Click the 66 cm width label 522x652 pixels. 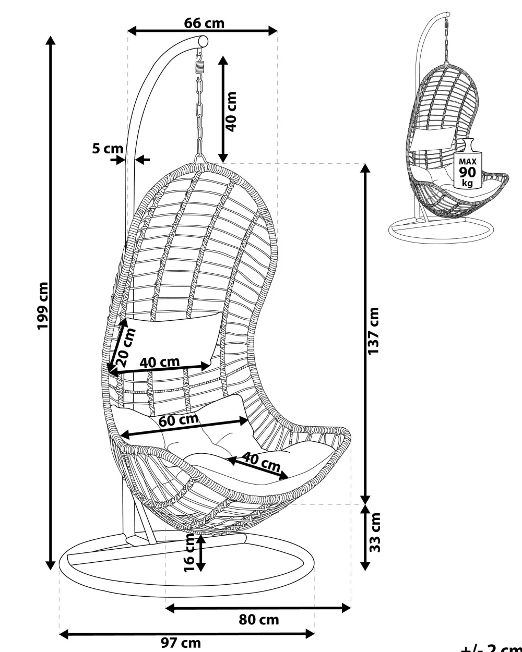pos(204,23)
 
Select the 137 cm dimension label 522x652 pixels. pos(374,331)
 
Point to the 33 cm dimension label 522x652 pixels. pos(374,532)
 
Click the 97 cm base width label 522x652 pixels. pos(181,643)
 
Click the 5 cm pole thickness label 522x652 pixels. pos(107,148)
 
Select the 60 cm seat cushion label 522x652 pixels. pos(179,420)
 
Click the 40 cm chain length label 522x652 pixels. pos(232,111)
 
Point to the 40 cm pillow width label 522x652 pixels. pos(160,362)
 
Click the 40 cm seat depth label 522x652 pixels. pos(262,461)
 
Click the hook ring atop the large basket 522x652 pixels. pos(199,158)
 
